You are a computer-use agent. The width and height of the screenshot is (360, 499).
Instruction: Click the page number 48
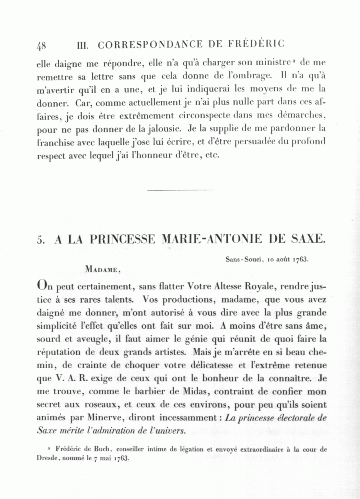(x=41, y=45)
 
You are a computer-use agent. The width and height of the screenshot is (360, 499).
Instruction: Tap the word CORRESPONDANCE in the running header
(x=150, y=45)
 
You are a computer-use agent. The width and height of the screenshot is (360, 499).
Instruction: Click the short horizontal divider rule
(x=180, y=190)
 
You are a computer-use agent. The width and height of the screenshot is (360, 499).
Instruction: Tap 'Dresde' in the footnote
(x=48, y=458)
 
